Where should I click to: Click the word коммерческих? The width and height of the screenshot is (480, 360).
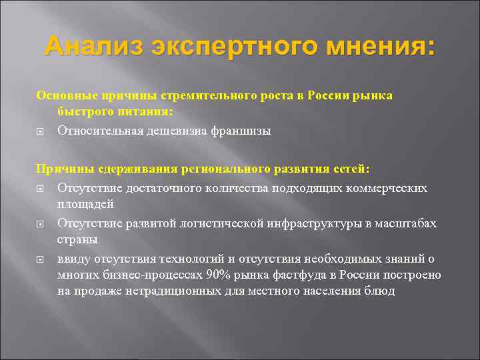coord(389,188)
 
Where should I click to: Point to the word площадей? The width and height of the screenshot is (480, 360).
coord(85,204)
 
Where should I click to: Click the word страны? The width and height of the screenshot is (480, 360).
coord(77,239)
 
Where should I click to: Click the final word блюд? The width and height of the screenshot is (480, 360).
coord(380,291)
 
